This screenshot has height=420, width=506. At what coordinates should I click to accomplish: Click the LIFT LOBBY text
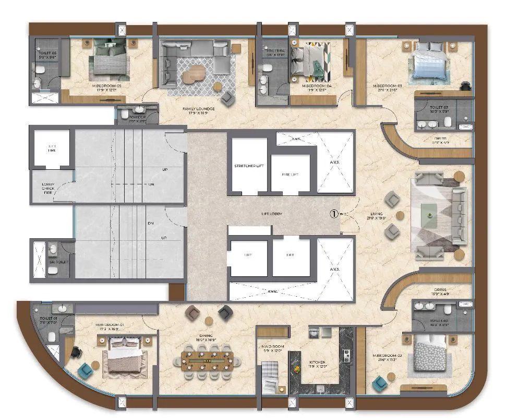coord(272,214)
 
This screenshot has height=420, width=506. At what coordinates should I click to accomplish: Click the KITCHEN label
coord(317,362)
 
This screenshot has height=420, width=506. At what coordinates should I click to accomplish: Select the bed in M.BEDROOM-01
coord(125,355)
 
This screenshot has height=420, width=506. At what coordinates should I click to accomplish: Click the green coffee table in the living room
coord(429,211)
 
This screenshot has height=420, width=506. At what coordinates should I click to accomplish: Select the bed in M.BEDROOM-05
coord(108,62)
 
